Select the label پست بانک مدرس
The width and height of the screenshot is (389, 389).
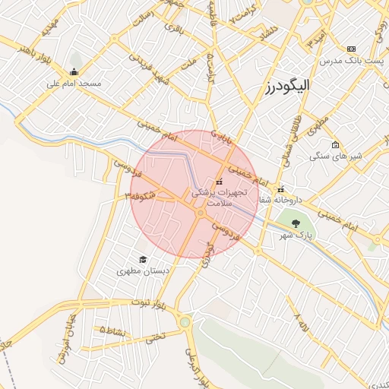pyautogui.click(x=351, y=59)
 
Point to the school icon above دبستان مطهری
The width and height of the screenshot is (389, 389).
pyautogui.click(x=141, y=259)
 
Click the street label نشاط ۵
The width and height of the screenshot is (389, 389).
pyautogui.click(x=112, y=330)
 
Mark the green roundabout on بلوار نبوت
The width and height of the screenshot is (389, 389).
pyautogui.click(x=185, y=322)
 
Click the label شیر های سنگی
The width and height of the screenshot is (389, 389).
pyautogui.click(x=335, y=155)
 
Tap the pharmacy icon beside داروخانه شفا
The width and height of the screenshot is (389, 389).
pyautogui.click(x=281, y=189)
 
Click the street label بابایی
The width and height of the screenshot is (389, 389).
pyautogui.click(x=220, y=137)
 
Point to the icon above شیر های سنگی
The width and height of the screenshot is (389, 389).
pyautogui.click(x=335, y=144)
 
